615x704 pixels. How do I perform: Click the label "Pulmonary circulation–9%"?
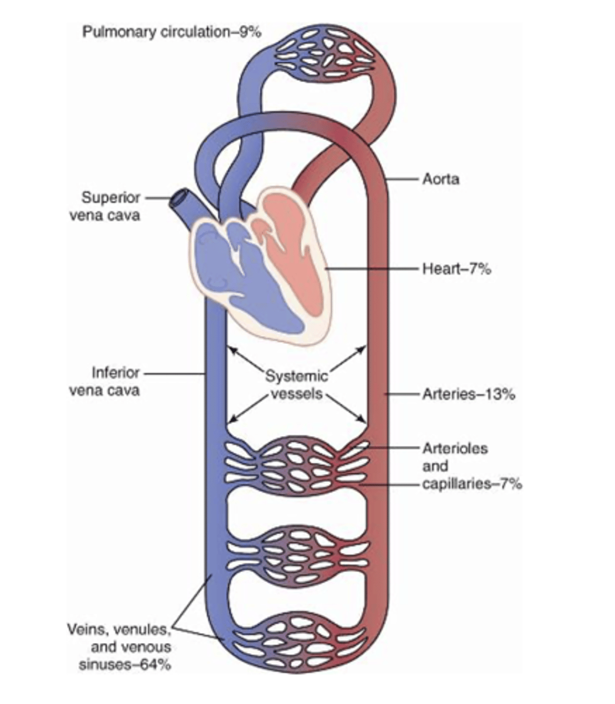click(172, 31)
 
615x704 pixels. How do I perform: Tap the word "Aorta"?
click(441, 178)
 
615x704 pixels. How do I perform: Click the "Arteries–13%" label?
click(469, 394)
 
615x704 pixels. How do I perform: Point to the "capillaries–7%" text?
click(472, 484)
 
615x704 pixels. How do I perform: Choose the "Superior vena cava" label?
click(111, 206)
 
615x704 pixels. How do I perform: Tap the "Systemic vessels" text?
click(296, 384)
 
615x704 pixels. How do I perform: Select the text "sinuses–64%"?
click(134, 665)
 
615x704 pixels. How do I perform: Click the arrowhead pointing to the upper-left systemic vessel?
click(231, 349)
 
